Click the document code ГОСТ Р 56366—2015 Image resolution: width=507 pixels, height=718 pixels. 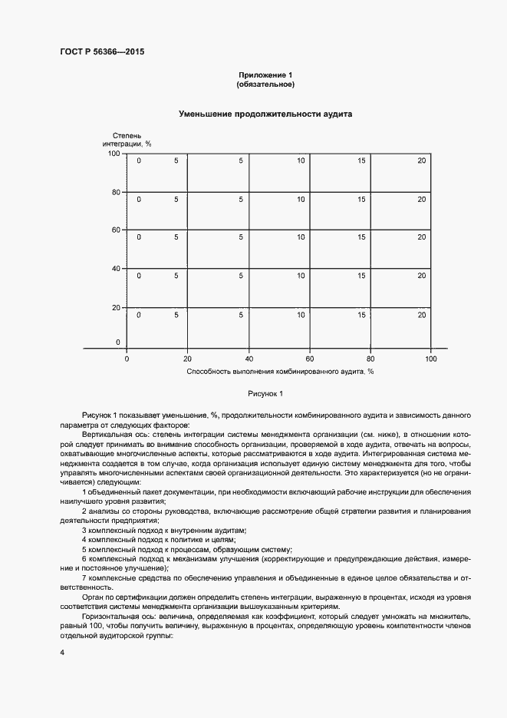pyautogui.click(x=102, y=52)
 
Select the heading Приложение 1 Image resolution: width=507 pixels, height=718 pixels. pyautogui.click(x=265, y=74)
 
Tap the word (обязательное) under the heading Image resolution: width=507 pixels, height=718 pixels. pyautogui.click(x=265, y=84)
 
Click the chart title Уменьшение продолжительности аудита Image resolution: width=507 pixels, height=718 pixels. pyautogui.click(x=265, y=114)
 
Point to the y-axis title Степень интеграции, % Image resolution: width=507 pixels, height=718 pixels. pyautogui.click(x=127, y=139)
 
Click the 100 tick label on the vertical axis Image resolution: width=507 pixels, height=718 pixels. pyautogui.click(x=114, y=154)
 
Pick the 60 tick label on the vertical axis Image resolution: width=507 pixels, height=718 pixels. pyautogui.click(x=117, y=230)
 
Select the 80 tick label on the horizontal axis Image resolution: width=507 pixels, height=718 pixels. pyautogui.click(x=370, y=359)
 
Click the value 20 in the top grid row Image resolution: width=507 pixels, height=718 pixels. pyautogui.click(x=421, y=160)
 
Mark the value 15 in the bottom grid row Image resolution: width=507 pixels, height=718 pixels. pyautogui.click(x=361, y=315)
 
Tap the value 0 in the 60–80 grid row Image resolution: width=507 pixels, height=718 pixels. pyautogui.click(x=139, y=199)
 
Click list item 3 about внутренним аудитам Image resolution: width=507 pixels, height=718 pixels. pyautogui.click(x=163, y=531)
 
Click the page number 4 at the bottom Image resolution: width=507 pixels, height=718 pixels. pyautogui.click(x=61, y=653)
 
